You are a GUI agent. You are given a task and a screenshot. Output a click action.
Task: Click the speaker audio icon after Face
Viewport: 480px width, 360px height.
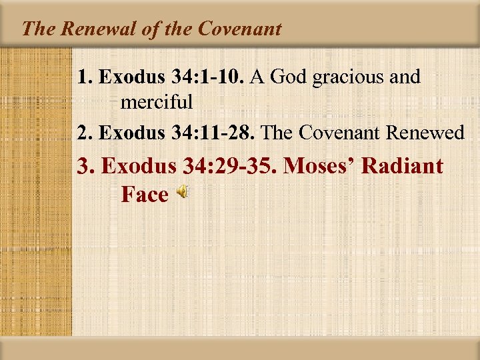(182, 193)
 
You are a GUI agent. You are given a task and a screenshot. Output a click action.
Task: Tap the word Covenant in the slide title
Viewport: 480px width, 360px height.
(242, 29)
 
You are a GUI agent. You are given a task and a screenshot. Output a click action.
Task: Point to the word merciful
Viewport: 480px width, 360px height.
(157, 103)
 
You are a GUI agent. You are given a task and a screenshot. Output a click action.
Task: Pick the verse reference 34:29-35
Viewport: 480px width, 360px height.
(229, 165)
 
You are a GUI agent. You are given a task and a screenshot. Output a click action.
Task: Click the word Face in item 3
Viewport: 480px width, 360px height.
(145, 195)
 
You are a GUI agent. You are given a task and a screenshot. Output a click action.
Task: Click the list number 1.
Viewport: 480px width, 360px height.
(83, 77)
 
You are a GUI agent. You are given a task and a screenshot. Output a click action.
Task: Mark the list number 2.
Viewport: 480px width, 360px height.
(83, 133)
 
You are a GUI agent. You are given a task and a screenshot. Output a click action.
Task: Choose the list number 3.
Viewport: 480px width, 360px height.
(85, 165)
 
